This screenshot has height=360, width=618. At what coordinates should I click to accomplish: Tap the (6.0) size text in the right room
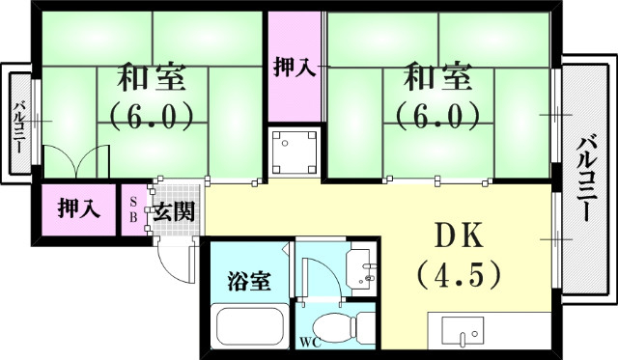point(436,116)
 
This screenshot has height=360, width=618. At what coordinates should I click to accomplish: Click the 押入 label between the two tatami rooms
point(294,68)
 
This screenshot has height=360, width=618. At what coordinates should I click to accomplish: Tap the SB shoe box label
point(133,208)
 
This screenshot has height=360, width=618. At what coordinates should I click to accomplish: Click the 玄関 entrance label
point(175,209)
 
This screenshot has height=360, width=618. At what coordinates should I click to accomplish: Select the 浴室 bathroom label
point(248,283)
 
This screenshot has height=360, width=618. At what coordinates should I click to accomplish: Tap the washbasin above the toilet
point(361,265)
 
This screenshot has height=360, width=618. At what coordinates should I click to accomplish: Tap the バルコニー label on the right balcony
point(586,183)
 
